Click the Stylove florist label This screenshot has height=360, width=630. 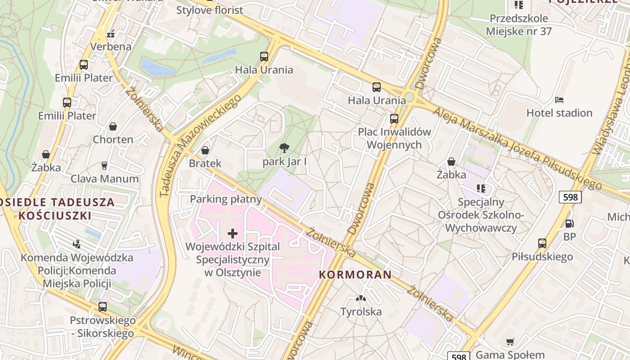point(209,10)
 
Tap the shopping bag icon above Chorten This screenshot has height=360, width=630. point(113,126)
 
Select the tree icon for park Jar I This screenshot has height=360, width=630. point(284,148)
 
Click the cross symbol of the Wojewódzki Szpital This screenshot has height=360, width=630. point(233,233)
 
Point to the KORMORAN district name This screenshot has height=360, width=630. point(355,274)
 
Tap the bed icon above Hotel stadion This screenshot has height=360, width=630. point(559,100)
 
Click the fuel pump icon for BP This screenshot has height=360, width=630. point(569,223)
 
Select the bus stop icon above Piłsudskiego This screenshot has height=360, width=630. point(542,243)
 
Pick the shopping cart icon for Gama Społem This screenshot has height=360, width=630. point(510,342)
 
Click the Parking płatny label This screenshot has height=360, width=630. point(226,199)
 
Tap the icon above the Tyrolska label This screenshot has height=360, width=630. point(360,298)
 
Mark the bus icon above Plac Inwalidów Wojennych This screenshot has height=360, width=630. point(394,119)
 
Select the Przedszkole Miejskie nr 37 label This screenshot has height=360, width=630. point(518,25)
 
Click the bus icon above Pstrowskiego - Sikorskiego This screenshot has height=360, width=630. point(103,307)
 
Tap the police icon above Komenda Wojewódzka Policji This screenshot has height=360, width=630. point(77,244)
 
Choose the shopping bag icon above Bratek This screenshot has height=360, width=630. point(205,150)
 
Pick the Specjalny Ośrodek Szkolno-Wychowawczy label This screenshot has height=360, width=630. point(481,215)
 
